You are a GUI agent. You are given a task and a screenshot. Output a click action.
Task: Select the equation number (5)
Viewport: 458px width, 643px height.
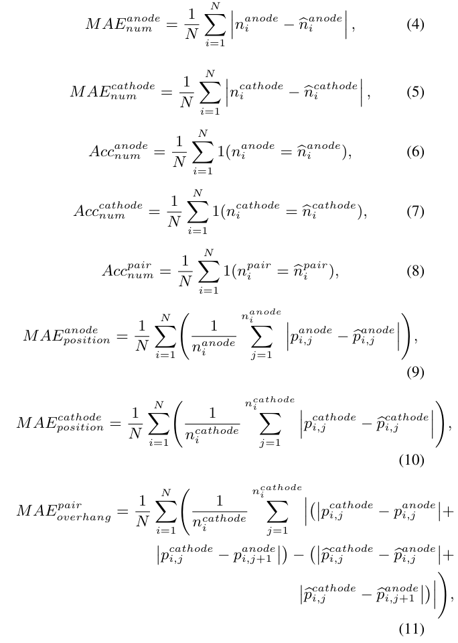(x=415, y=92)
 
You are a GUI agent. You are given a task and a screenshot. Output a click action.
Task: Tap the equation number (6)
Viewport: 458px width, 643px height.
(x=415, y=152)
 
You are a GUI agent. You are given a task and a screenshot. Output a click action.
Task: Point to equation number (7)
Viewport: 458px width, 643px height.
(x=415, y=212)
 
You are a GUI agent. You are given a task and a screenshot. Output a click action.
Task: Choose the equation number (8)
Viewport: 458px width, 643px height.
(x=415, y=272)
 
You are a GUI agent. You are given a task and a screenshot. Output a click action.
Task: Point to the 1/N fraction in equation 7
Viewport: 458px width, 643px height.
(x=169, y=213)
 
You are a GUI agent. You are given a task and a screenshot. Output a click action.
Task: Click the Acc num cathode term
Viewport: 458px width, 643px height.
(x=109, y=212)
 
